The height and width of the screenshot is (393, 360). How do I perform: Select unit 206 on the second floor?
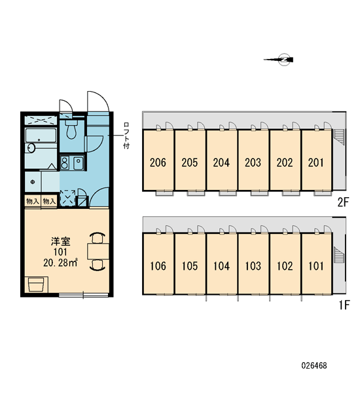click(x=158, y=160)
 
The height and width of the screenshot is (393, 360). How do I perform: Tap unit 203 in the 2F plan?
click(x=253, y=160)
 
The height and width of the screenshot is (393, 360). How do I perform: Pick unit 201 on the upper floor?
click(x=316, y=160)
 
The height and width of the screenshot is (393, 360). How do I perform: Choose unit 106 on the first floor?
click(x=158, y=264)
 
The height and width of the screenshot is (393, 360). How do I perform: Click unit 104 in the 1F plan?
click(x=221, y=264)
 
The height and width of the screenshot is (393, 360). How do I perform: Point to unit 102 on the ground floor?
click(x=285, y=264)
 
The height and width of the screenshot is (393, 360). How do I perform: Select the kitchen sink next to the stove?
click(x=79, y=163)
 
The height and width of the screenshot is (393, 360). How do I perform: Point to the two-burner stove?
click(x=65, y=163)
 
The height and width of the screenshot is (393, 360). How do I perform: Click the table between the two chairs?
click(x=98, y=251)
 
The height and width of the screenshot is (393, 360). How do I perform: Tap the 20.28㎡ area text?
click(x=60, y=263)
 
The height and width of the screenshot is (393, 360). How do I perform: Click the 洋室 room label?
click(x=61, y=241)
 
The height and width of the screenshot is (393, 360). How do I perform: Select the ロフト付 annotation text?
click(x=126, y=136)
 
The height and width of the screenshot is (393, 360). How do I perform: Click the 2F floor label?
click(x=343, y=202)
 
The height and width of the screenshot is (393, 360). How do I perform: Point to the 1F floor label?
click(x=344, y=305)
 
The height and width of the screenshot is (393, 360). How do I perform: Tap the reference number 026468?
click(x=314, y=365)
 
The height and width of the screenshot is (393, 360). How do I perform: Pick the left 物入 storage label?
click(x=33, y=201)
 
